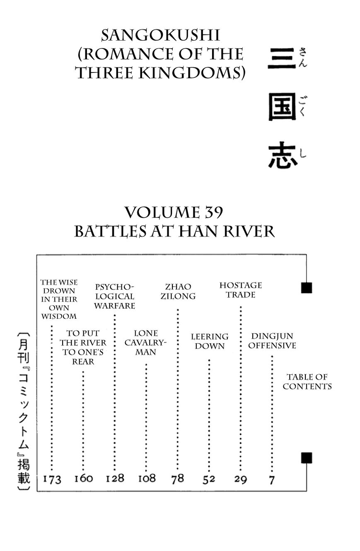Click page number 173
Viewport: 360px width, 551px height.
click(x=52, y=479)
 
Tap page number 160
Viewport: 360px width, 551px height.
click(x=84, y=479)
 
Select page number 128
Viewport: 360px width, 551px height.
click(x=115, y=478)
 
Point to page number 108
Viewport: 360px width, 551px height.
click(x=147, y=479)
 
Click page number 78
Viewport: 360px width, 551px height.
click(x=178, y=479)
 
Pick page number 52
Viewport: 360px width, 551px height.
click(x=209, y=479)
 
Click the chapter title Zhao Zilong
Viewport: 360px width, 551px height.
click(x=178, y=291)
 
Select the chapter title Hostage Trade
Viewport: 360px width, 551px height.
click(x=241, y=290)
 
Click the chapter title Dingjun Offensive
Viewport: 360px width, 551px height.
click(x=272, y=341)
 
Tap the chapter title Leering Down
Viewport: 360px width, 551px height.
click(x=210, y=341)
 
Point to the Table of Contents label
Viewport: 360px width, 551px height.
click(x=307, y=381)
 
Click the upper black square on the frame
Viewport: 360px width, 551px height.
click(x=307, y=288)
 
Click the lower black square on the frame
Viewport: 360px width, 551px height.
click(x=307, y=458)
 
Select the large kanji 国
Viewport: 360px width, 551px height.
click(x=282, y=107)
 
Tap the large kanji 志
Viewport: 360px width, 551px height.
click(x=283, y=156)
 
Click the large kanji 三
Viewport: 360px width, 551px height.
click(x=281, y=58)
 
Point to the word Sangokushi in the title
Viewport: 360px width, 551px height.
click(x=160, y=36)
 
